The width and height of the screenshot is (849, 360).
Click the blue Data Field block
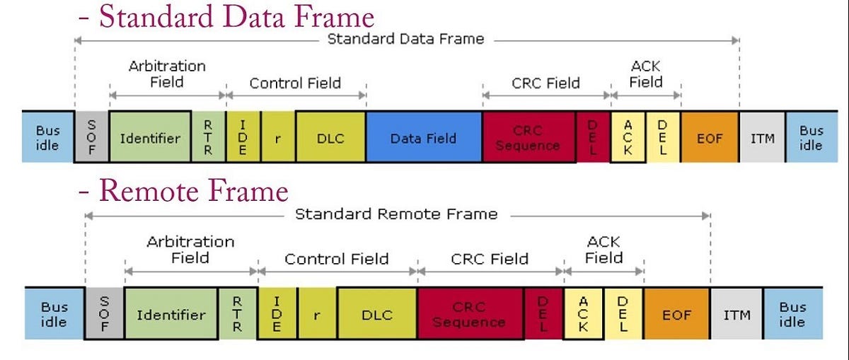423,137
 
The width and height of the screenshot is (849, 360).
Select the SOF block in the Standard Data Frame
92,137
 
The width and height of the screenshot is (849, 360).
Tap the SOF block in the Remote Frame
104,313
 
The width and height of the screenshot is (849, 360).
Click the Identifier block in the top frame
150,137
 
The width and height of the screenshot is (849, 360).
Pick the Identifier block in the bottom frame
171,314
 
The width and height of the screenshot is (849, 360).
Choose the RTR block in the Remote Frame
238,313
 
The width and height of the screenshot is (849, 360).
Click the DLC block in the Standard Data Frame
330,137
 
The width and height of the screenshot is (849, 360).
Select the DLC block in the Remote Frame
376,314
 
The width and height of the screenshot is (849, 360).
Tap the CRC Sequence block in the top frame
529,137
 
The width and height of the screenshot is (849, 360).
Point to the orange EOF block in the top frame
710,137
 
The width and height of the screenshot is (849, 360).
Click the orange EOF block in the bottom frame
676,314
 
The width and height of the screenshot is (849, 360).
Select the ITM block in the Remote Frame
737,314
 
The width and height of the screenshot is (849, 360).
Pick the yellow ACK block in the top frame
628,137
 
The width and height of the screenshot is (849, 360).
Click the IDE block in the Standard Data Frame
243,137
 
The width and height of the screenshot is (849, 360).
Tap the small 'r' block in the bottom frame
316,314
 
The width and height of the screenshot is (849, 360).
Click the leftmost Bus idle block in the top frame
47,137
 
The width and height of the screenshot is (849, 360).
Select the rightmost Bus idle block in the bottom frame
792,314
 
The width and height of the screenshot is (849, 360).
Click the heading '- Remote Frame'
184,191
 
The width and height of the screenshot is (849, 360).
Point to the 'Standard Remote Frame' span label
396,214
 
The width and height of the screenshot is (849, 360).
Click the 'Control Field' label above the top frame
295,83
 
